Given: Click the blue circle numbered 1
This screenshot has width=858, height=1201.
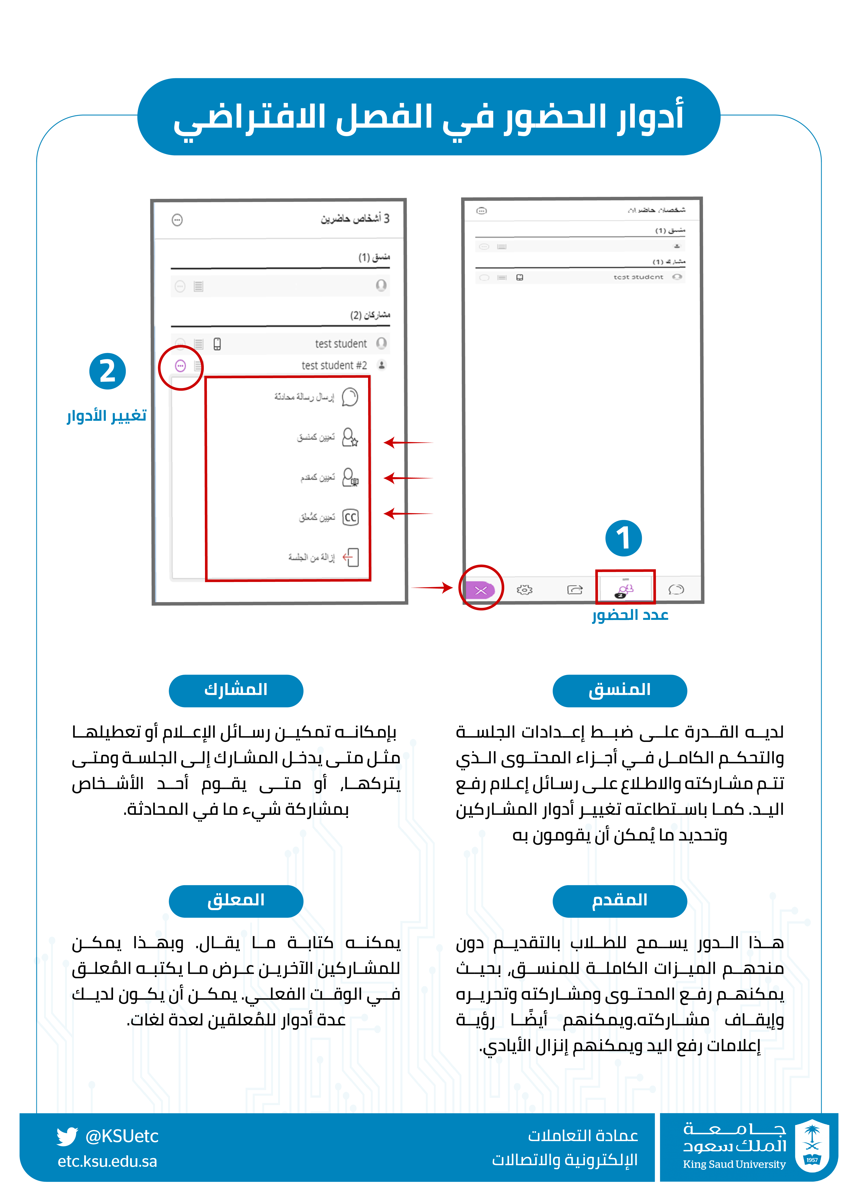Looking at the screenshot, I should [623, 538].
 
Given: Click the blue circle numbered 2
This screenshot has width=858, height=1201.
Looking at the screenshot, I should [107, 371].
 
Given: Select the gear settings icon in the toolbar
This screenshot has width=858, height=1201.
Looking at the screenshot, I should [524, 590].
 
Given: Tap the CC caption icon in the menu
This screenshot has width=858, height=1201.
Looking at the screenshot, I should [350, 517].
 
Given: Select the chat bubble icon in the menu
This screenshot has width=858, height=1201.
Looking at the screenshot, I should [350, 397].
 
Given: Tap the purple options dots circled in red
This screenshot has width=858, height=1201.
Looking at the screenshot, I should [180, 366].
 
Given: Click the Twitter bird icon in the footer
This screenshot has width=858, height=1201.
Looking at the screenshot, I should [67, 1136].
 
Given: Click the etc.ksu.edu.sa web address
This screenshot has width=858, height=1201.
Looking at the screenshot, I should [107, 1161].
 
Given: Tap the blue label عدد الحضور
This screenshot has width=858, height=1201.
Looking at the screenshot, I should [630, 615].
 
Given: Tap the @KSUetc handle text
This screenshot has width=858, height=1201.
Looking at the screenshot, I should [122, 1136].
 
